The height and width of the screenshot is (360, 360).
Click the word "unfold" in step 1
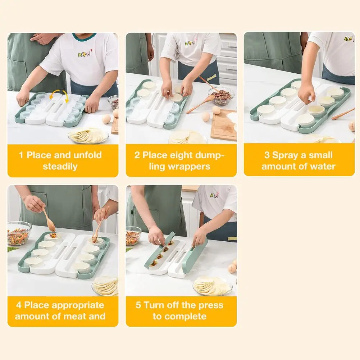[87, 155]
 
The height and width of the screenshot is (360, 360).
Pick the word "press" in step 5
[211, 306]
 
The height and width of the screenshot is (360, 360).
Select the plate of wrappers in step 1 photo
[88, 136]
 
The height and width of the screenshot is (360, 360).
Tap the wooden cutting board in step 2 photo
[224, 125]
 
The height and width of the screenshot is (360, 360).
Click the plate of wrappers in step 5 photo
[213, 286]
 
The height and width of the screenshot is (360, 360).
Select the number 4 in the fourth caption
[19, 305]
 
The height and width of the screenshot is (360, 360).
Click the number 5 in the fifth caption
[138, 305]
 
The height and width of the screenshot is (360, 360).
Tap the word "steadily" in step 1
[60, 167]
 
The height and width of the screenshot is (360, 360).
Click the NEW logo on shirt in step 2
[191, 42]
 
